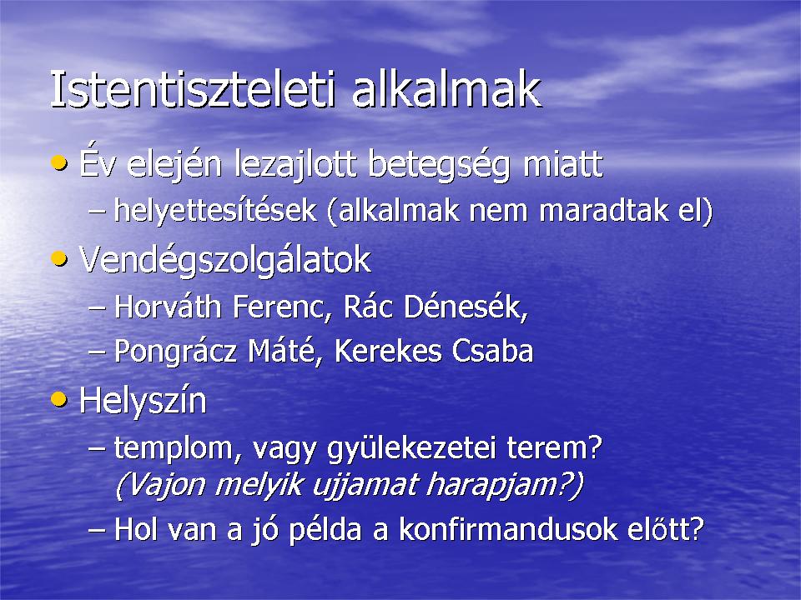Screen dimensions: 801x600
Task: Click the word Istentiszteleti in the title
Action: pyautogui.click(x=193, y=89)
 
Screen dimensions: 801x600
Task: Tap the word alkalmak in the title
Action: pyautogui.click(x=446, y=89)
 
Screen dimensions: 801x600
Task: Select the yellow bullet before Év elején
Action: pyautogui.click(x=59, y=163)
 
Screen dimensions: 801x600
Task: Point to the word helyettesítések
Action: pyautogui.click(x=215, y=210)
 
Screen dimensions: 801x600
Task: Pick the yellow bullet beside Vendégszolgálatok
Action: pyautogui.click(x=59, y=258)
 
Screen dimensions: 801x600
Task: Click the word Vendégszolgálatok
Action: pyautogui.click(x=224, y=260)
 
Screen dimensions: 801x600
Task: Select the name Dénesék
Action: pyautogui.click(x=466, y=307)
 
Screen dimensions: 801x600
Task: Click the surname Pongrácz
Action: pyautogui.click(x=175, y=352)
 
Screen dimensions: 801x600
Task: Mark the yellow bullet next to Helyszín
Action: pyautogui.click(x=59, y=399)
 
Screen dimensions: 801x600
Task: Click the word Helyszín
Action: pyautogui.click(x=143, y=401)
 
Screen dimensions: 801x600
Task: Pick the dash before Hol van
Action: pyautogui.click(x=97, y=531)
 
